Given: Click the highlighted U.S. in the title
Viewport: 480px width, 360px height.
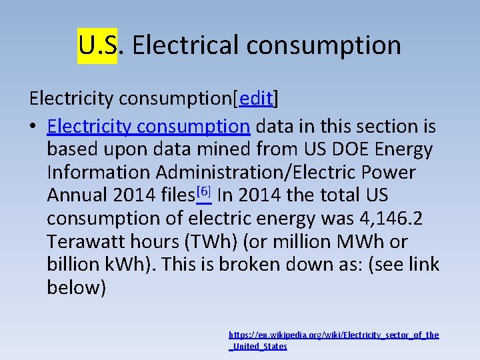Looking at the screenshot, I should tap(97, 45).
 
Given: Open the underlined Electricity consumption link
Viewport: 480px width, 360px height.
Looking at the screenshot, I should tap(149, 126).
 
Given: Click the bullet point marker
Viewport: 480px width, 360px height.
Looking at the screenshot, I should tap(33, 127).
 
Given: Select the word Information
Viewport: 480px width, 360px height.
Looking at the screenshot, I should tap(99, 173).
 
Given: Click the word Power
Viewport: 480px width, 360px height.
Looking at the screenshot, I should tap(389, 173).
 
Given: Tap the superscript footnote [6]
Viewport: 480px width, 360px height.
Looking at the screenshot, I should tap(204, 192).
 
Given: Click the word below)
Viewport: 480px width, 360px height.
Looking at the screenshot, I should tap(76, 288).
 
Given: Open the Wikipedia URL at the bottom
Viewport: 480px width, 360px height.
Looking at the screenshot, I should tap(333, 340).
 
